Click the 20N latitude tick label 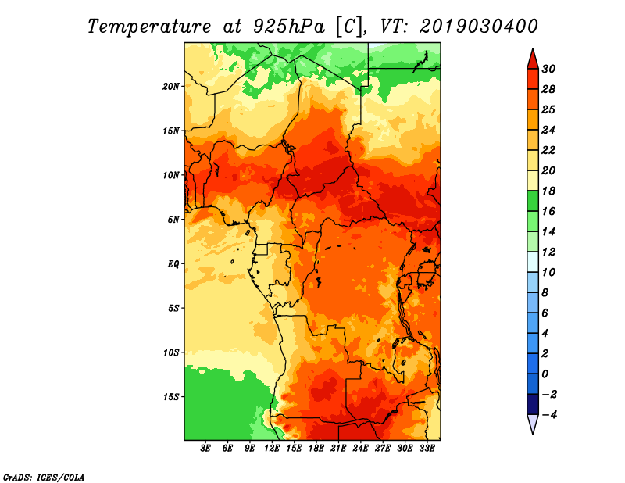171,86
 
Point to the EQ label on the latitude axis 173,263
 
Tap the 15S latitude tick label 171,397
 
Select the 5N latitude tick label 173,220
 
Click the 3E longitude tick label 205,449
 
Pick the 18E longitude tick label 316,449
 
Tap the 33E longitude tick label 427,449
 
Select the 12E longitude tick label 272,449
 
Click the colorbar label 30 548,69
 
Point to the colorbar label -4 549,415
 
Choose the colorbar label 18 548,191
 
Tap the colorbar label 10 548,273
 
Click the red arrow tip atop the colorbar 533,49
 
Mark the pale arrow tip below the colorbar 533,434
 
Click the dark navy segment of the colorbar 533,404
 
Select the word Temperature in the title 149,27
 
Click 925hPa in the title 289,27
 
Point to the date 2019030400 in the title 479,27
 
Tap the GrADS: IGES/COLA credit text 44,478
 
